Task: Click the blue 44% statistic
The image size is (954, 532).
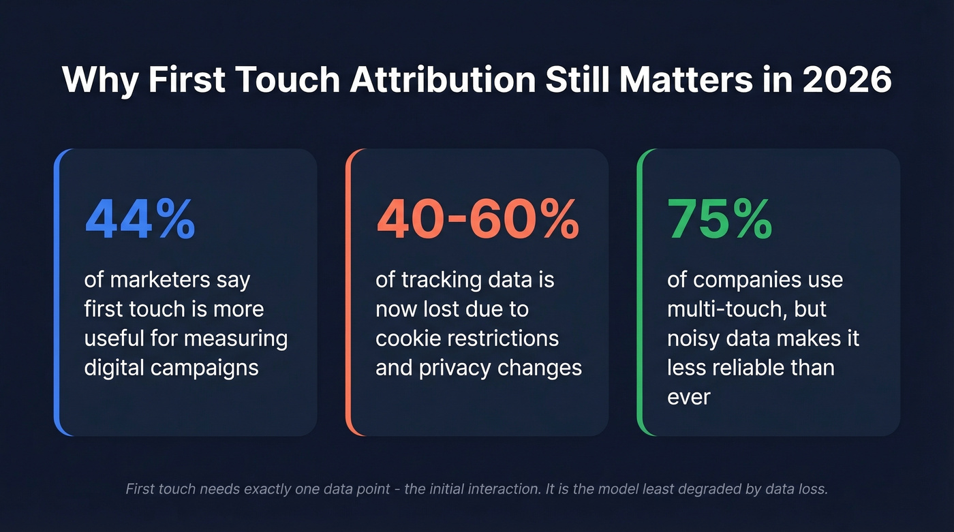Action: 140,221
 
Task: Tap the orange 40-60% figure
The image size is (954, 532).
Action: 478,221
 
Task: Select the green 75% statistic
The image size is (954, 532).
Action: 720,221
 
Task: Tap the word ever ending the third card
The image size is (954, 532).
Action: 688,396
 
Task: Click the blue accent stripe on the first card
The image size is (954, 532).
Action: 57,292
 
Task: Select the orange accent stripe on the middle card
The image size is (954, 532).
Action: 348,292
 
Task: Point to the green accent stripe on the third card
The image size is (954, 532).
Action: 640,292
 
